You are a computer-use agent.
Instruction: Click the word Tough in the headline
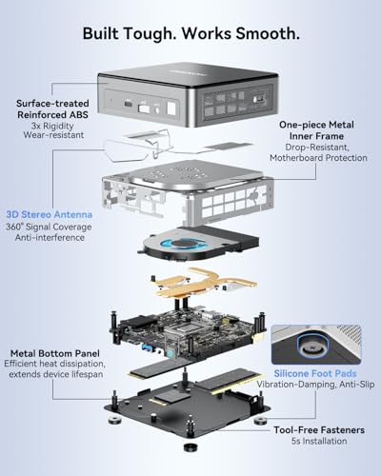click(150, 34)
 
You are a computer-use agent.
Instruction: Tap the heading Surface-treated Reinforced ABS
click(52, 109)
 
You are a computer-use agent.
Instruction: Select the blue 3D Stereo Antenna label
click(50, 214)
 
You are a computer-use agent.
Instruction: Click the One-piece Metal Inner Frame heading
click(316, 130)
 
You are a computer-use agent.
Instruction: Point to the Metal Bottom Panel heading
click(55, 353)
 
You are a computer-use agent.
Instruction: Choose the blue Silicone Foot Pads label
click(315, 373)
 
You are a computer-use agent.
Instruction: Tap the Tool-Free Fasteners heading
click(319, 430)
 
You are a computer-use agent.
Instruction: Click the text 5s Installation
click(319, 441)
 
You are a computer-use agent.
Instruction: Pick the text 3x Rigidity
click(52, 126)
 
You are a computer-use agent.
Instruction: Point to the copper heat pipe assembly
click(203, 283)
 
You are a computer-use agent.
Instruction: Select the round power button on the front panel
click(156, 109)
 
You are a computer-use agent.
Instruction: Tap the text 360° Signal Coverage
click(49, 227)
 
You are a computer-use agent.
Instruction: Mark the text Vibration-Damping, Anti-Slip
click(315, 385)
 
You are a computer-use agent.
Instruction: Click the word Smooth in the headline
click(268, 34)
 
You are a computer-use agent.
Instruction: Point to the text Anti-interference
click(50, 238)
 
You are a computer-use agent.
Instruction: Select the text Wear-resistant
click(53, 135)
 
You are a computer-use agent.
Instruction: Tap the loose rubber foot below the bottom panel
click(190, 446)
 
